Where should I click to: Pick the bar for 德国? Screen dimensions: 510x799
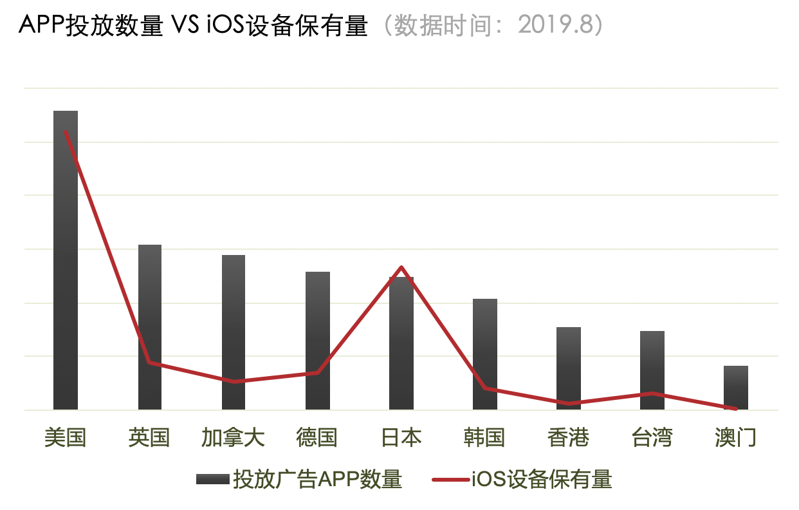(x=317, y=341)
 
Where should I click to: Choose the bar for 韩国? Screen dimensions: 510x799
(x=484, y=354)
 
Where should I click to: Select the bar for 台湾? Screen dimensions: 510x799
(x=652, y=370)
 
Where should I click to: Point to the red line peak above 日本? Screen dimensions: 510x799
(x=401, y=267)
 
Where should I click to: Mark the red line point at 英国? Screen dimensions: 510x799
(x=149, y=363)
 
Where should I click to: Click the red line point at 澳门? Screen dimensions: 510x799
(x=735, y=408)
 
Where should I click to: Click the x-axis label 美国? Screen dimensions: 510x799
(x=66, y=438)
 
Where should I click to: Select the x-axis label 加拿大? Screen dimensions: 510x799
(x=233, y=438)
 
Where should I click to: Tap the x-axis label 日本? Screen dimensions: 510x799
(x=401, y=438)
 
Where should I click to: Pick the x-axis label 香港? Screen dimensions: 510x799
(x=568, y=438)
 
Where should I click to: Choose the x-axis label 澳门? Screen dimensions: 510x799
(x=735, y=438)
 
